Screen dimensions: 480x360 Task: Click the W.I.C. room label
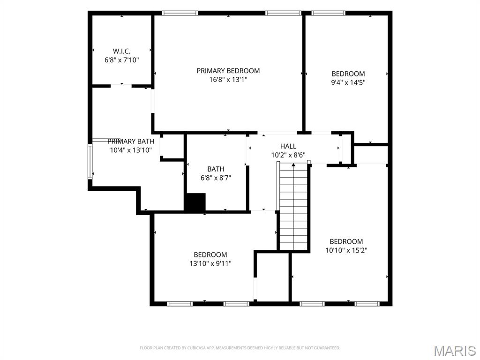click(121, 52)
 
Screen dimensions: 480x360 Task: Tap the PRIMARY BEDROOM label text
click(228, 71)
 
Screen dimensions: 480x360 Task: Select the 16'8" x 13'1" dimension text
click(228, 80)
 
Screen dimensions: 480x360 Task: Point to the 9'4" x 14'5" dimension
click(348, 82)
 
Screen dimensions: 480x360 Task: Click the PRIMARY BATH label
click(131, 142)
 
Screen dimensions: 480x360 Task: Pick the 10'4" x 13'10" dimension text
click(131, 150)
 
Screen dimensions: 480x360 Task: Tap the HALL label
click(288, 146)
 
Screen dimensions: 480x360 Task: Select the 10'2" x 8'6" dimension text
click(288, 155)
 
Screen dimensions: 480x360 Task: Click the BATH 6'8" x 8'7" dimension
click(216, 178)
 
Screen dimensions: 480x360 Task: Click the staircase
click(293, 206)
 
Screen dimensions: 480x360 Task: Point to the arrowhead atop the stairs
click(293, 165)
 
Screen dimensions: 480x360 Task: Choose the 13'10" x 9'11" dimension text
click(210, 263)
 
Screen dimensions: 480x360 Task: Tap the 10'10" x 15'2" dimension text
click(346, 250)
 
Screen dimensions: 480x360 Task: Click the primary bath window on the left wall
click(90, 161)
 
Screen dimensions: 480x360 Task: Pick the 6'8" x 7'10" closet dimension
click(122, 60)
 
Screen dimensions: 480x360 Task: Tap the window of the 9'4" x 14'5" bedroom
click(329, 13)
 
